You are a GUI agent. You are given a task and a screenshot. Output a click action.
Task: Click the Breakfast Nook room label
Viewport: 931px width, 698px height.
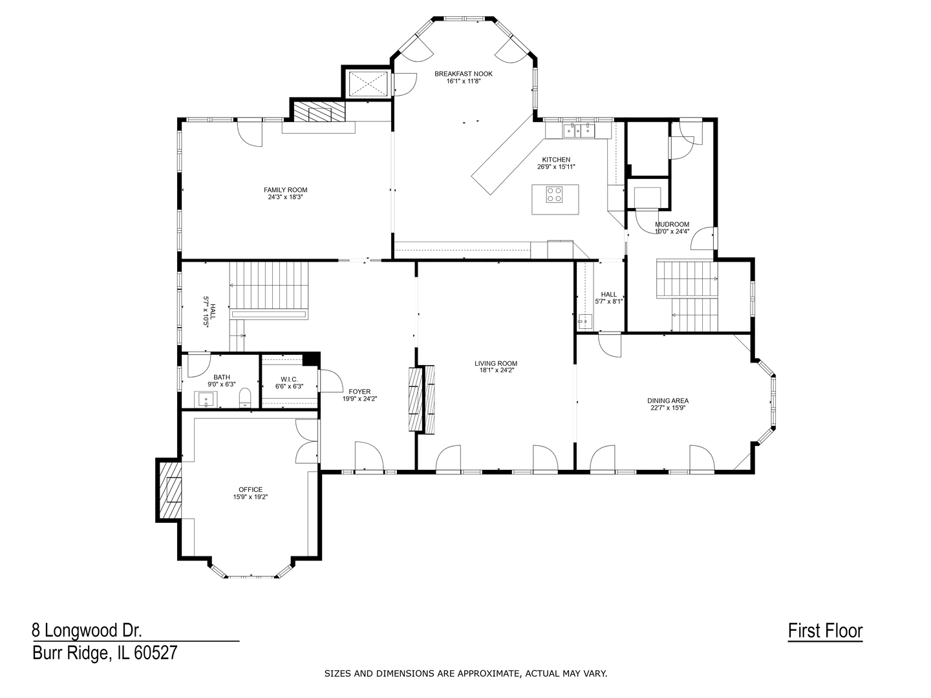tap(463, 74)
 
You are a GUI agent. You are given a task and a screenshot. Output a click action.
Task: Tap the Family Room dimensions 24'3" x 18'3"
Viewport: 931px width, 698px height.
tap(285, 197)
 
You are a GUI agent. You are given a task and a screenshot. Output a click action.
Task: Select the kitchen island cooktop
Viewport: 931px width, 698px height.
tap(555, 195)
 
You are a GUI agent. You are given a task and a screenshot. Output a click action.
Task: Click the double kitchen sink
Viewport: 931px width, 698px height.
tap(578, 131)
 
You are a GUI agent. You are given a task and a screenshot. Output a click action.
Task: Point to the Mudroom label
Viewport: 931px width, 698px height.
tap(672, 224)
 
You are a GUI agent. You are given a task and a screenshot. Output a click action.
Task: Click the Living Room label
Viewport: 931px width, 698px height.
tap(495, 363)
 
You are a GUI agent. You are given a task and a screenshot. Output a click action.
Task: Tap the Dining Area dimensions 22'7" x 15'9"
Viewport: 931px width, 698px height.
tap(668, 408)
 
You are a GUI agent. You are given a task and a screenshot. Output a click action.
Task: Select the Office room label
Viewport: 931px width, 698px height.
tap(250, 489)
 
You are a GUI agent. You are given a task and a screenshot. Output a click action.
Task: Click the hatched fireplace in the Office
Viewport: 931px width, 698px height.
tap(169, 489)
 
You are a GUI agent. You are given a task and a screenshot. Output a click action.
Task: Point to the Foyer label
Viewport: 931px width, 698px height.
tap(359, 392)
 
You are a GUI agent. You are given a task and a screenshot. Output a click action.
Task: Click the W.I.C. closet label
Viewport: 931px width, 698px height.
tap(289, 379)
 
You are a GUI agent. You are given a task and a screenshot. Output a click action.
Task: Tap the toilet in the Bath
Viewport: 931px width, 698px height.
tap(245, 396)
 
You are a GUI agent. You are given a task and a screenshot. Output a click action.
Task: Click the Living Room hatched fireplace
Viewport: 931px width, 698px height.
tap(421, 399)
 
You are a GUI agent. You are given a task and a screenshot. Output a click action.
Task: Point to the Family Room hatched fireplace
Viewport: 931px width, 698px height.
tap(319, 112)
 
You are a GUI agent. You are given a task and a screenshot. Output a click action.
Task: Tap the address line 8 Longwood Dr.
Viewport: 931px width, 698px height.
tap(87, 630)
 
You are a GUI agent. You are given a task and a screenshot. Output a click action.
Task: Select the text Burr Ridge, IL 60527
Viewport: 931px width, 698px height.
tap(105, 653)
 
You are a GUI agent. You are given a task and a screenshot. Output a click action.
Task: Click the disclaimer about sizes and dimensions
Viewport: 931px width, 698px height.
tap(465, 673)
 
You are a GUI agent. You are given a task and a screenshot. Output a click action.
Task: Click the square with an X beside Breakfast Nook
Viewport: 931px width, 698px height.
tap(367, 84)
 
